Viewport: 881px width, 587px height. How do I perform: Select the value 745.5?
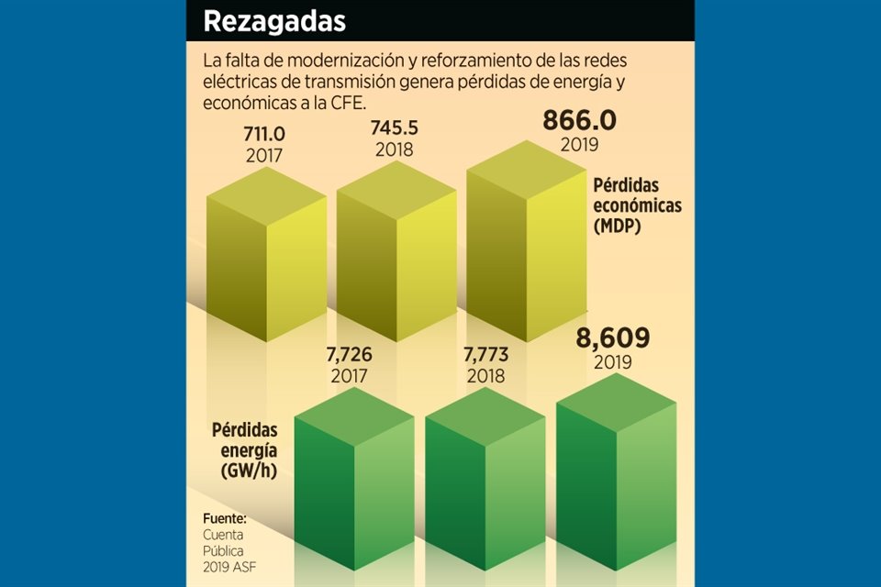click(x=394, y=128)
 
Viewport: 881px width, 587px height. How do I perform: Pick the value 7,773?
click(x=485, y=354)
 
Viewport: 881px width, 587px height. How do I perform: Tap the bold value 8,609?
click(x=613, y=338)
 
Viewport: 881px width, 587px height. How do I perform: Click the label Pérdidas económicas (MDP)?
click(x=637, y=205)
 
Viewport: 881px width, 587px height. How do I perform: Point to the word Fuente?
click(x=225, y=519)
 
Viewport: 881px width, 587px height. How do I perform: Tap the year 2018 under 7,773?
click(x=485, y=376)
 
